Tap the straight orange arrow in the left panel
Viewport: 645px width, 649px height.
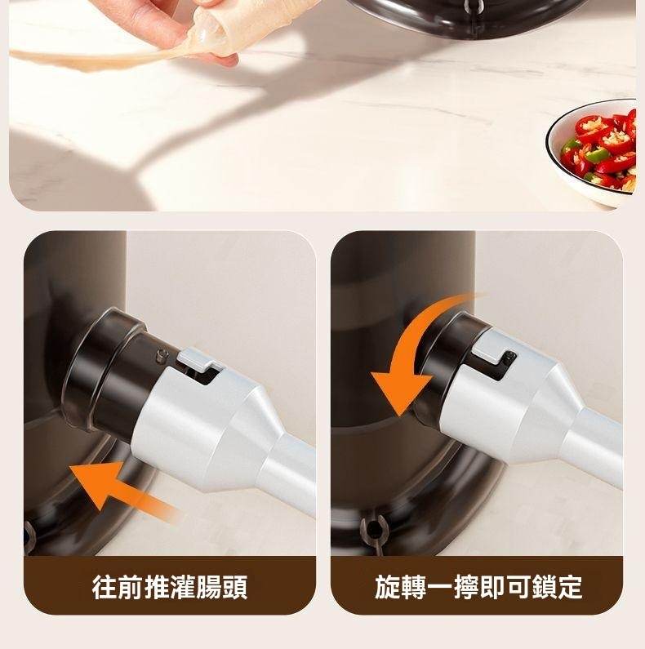coord(123,491)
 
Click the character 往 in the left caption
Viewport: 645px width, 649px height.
coord(104,587)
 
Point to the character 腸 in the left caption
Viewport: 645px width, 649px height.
coord(209,587)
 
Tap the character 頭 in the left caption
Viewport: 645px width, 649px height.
coord(235,587)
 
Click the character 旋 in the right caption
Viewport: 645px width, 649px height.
coord(387,587)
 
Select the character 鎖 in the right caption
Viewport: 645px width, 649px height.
coord(544,587)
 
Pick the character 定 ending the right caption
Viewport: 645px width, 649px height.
coord(570,587)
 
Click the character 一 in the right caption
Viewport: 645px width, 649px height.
coord(439,587)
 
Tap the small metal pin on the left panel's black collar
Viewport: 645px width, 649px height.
coord(162,355)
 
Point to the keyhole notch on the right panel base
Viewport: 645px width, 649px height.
coord(374,530)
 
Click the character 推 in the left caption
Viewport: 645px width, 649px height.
coord(157,587)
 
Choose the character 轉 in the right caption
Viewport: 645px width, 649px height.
coord(413,587)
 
